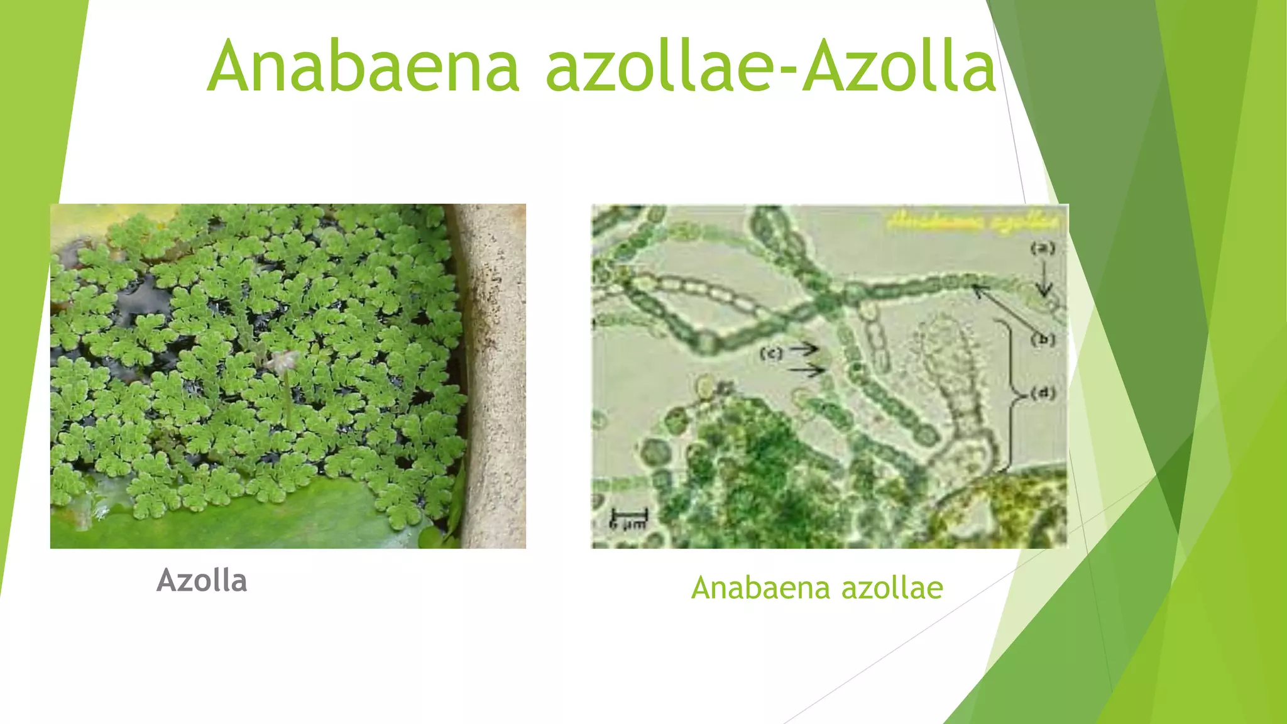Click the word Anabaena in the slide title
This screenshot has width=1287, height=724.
(363, 67)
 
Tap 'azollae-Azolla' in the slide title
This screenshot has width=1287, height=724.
(770, 67)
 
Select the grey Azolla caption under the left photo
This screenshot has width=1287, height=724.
(202, 580)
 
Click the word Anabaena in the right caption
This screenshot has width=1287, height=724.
(760, 588)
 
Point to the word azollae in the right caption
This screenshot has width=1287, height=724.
(892, 588)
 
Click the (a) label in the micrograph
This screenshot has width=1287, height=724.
(1043, 248)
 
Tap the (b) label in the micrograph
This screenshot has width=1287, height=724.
(1043, 339)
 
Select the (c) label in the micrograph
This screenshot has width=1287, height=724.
(771, 353)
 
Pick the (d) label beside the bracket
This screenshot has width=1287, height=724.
(1043, 393)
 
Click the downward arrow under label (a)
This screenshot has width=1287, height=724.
(1044, 280)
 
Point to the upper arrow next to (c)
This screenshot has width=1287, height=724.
(804, 348)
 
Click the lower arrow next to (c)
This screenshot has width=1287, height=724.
(807, 371)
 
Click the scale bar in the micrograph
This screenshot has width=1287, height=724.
(628, 515)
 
